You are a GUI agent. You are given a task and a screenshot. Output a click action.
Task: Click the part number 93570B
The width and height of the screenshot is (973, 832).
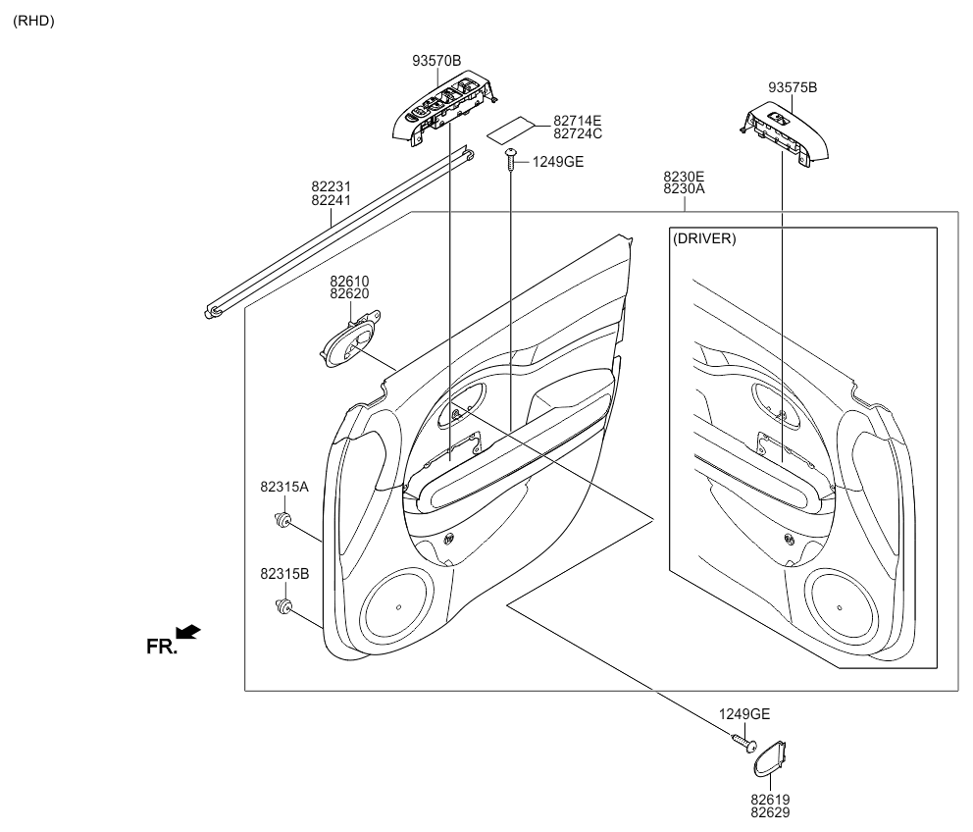pos(436,61)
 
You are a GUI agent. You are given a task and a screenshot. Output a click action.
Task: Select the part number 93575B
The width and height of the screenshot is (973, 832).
pos(793,88)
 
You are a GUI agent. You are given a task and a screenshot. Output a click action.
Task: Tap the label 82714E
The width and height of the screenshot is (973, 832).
pos(577,121)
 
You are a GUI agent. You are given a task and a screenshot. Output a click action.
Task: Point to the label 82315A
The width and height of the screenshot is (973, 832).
pos(284,487)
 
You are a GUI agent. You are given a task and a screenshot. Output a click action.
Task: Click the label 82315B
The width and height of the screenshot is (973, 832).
pos(284,574)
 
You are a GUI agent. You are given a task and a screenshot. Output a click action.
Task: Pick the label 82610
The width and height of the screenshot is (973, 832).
pos(349,282)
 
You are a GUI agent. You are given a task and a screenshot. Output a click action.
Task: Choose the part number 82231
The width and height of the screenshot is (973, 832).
pos(332,186)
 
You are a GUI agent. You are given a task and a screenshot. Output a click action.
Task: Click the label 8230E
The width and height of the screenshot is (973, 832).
pos(684,178)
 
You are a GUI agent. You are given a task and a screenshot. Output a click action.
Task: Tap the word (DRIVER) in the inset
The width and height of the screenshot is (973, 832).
pos(704,238)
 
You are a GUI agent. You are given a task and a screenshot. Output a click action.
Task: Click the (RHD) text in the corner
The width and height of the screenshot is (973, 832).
pos(33,21)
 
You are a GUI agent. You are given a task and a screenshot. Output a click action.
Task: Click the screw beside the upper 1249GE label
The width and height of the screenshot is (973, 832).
pos(511,160)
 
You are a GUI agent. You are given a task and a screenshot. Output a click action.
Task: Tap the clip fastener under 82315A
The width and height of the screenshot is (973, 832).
pos(283,517)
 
